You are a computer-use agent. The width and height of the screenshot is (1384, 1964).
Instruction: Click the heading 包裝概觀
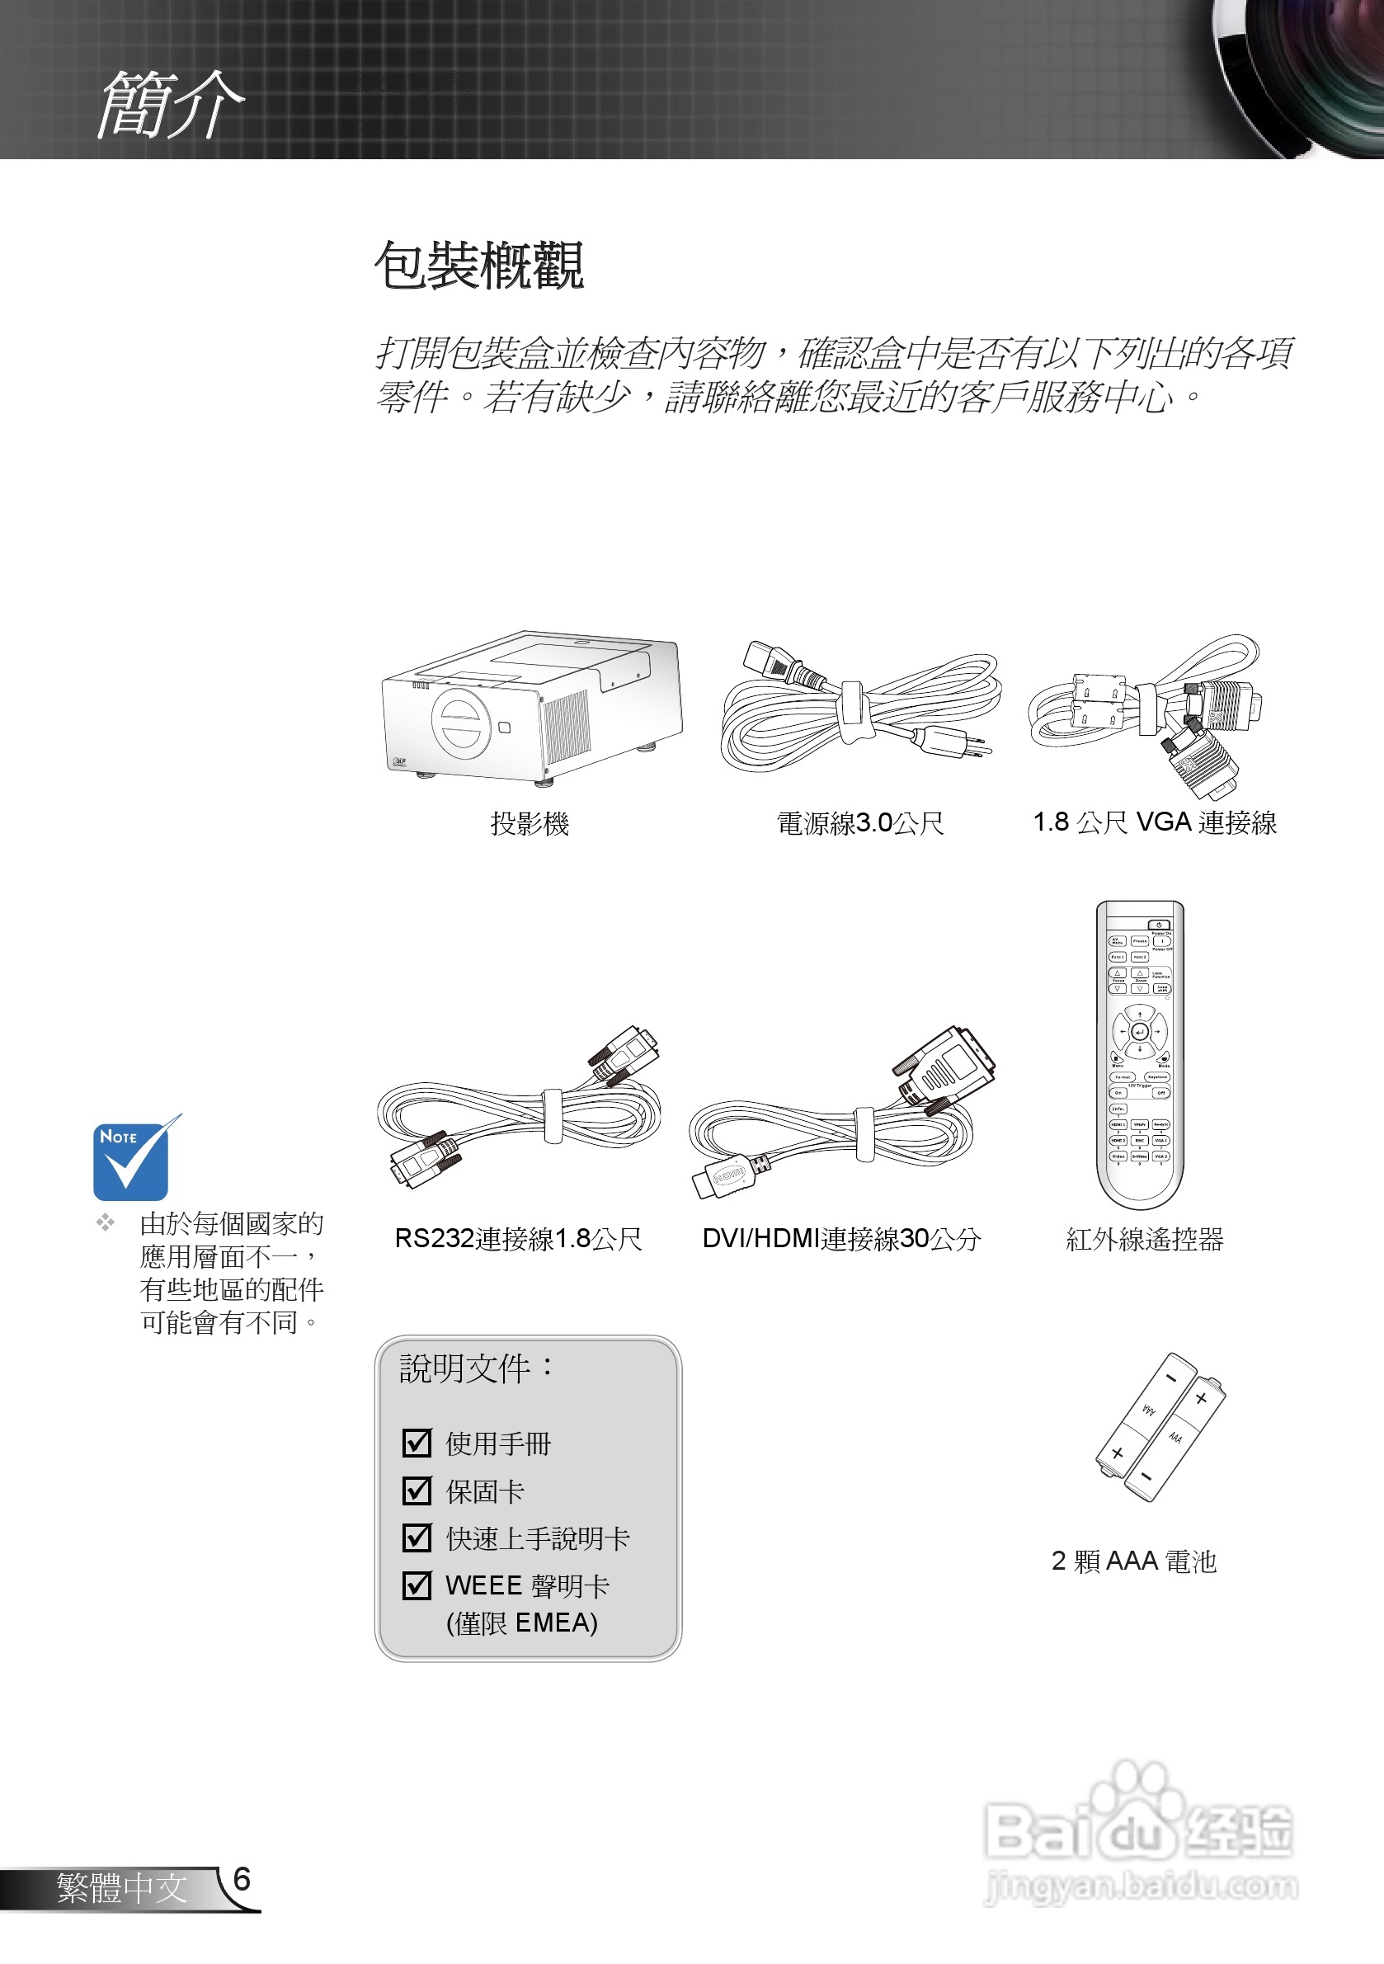(479, 265)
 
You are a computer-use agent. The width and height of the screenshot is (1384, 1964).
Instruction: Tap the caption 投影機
(530, 824)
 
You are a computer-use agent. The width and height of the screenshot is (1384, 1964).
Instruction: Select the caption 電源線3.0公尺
(859, 824)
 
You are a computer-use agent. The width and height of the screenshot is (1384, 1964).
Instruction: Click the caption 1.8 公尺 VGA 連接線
(1154, 823)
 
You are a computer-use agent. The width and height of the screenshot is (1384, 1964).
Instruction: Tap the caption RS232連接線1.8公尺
(518, 1239)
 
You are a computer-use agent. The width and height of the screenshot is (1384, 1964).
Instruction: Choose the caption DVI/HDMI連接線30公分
(840, 1239)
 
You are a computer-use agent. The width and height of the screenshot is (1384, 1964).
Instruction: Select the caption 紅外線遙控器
(1144, 1239)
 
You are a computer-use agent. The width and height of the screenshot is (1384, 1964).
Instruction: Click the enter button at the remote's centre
(1139, 1033)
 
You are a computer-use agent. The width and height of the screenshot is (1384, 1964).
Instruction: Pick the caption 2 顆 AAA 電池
(1133, 1561)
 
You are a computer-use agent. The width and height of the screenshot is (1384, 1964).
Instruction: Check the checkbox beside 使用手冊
(417, 1443)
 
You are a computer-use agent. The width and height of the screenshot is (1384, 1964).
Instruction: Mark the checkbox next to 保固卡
(417, 1491)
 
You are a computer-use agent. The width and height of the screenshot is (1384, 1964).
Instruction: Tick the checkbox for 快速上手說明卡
(417, 1538)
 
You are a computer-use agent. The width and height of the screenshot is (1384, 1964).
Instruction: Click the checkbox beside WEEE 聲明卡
(417, 1585)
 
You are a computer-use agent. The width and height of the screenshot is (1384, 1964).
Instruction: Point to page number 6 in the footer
(242, 1879)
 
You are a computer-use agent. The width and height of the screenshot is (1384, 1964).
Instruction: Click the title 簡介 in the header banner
(170, 105)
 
